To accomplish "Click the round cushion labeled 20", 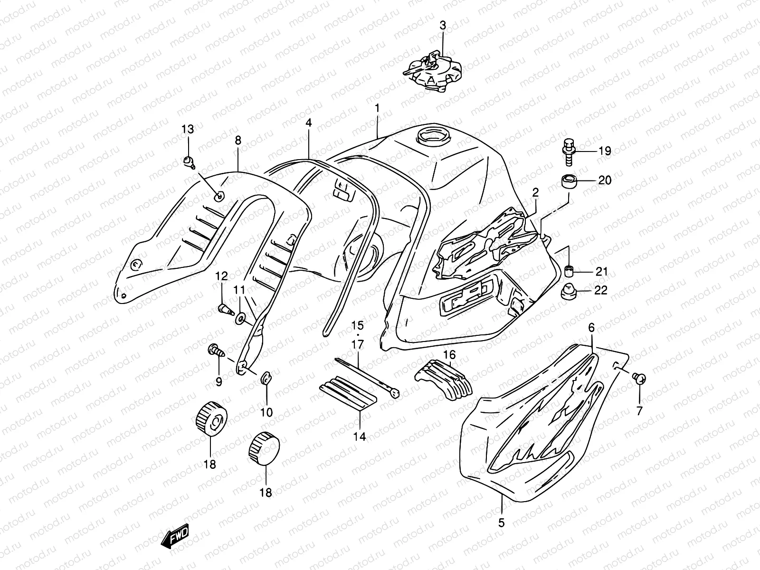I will click(569, 181).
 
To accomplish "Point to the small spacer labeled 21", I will click(569, 272).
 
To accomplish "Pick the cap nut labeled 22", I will click(569, 291).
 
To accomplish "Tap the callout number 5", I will click(502, 523).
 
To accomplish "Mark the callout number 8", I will click(237, 140).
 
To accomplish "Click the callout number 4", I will click(308, 123).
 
